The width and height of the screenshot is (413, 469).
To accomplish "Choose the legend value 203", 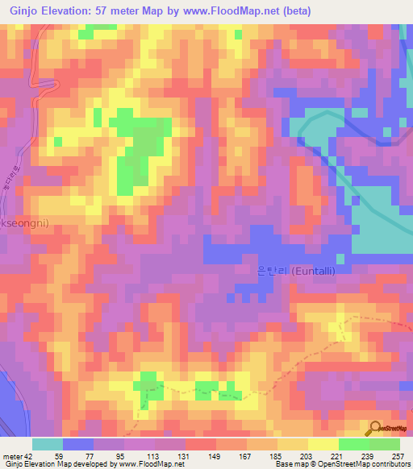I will (308, 455).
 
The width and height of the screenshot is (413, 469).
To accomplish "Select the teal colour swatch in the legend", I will (48, 444).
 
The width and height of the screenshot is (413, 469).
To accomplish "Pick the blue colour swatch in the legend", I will (78, 444).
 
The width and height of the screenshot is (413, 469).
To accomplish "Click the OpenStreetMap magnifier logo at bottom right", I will (376, 428).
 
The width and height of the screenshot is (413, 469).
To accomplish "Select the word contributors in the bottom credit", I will (388, 464).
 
